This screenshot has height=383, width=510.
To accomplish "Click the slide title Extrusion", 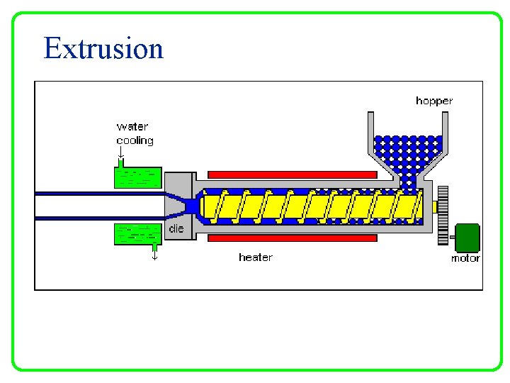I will (103, 49).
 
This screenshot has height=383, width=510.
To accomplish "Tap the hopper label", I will (433, 101).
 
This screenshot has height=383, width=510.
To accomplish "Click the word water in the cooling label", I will (132, 127).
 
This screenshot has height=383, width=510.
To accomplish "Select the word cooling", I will (135, 140).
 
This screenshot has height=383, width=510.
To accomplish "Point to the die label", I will (176, 228).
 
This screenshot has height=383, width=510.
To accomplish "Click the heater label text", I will (255, 257).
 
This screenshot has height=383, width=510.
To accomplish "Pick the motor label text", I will (465, 258).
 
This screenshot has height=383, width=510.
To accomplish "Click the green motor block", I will (467, 238).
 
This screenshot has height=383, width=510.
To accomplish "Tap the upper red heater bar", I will (292, 174).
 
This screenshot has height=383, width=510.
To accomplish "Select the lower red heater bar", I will (292, 238).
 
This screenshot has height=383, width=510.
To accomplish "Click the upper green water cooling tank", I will (138, 177).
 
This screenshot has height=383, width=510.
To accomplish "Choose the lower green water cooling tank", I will (138, 234).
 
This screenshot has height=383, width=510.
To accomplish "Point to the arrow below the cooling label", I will (121, 152).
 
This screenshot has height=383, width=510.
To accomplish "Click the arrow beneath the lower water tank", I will (154, 253).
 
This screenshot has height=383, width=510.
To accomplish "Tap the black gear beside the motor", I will (443, 216).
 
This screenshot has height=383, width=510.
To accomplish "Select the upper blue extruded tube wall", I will (99, 193).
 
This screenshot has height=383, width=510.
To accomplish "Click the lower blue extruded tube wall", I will (99, 218).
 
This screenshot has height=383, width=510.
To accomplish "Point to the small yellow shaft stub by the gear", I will (434, 206).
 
